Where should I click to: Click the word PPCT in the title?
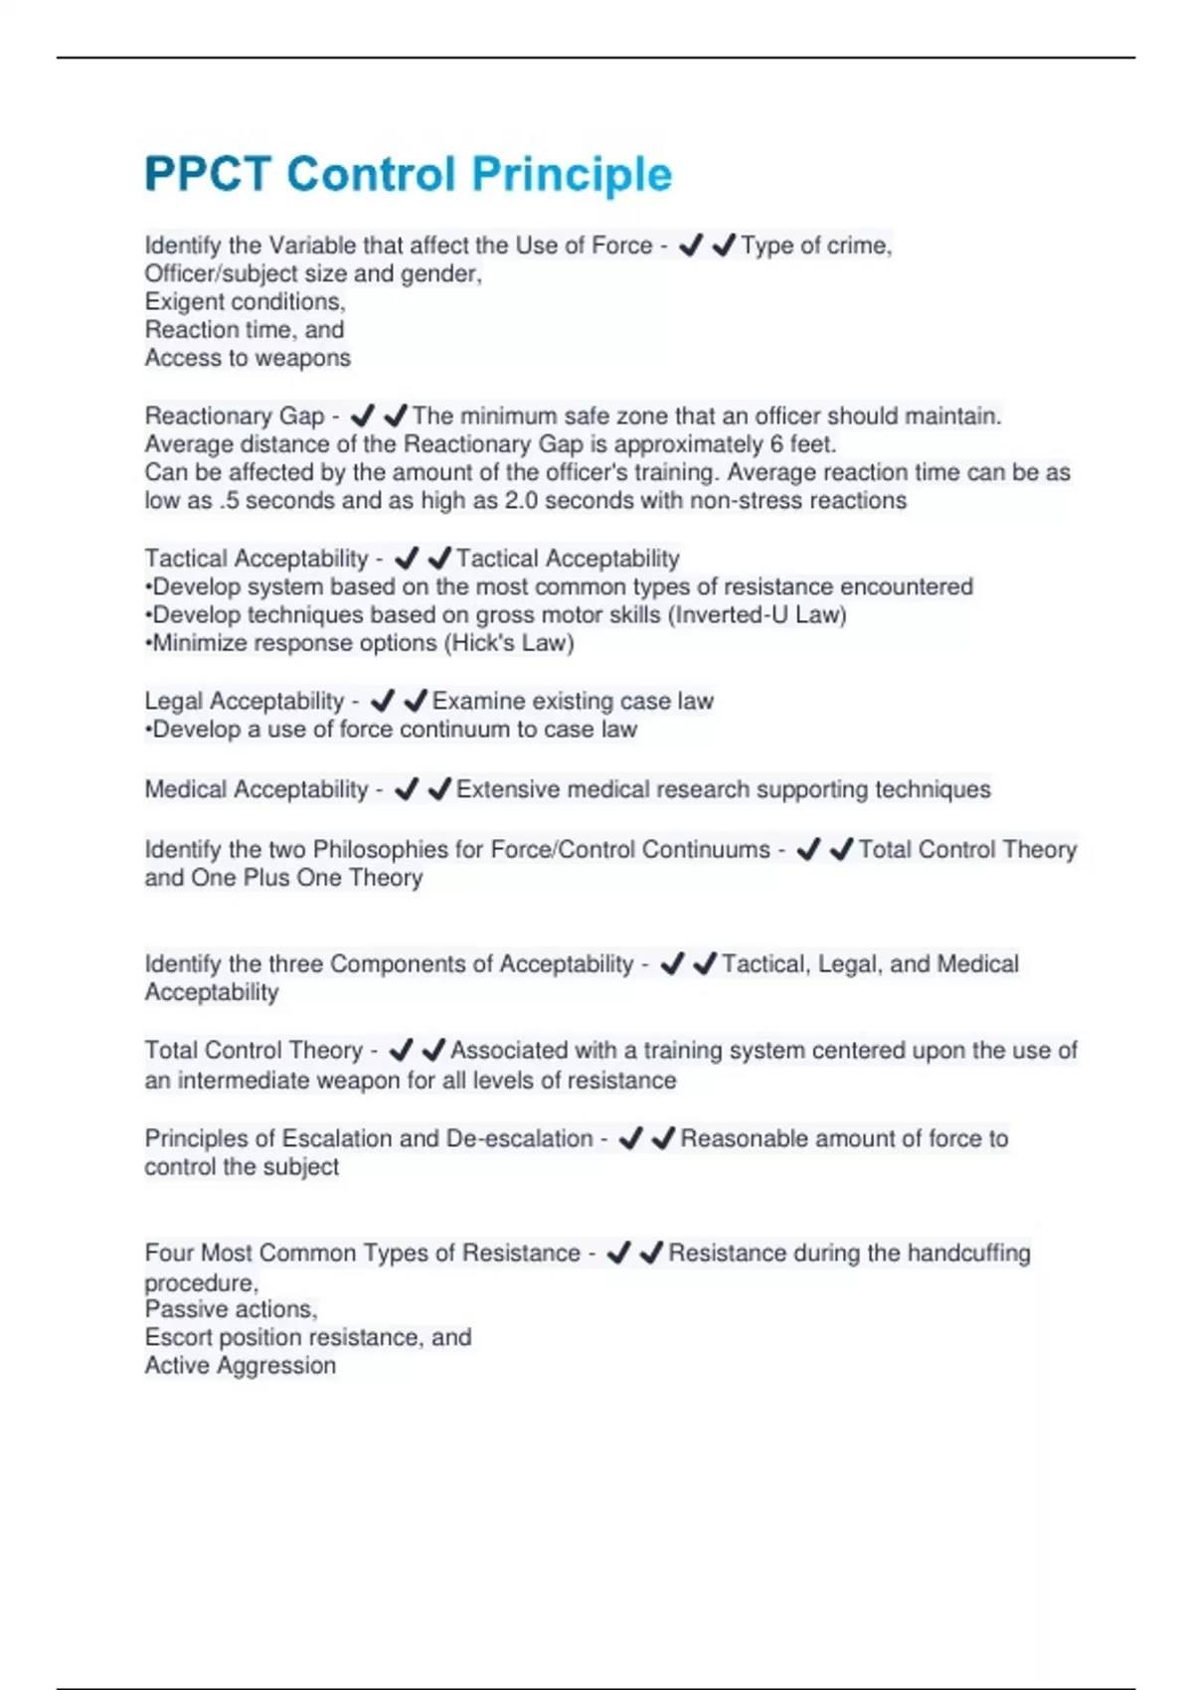click(207, 174)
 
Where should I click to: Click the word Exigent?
click(180, 302)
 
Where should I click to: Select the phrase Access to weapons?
click(248, 358)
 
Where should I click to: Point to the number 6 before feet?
click(776, 444)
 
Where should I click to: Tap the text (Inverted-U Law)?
click(758, 615)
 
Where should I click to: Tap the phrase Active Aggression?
click(241, 1366)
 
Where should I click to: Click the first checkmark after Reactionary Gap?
click(363, 416)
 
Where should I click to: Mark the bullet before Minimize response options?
click(148, 643)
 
